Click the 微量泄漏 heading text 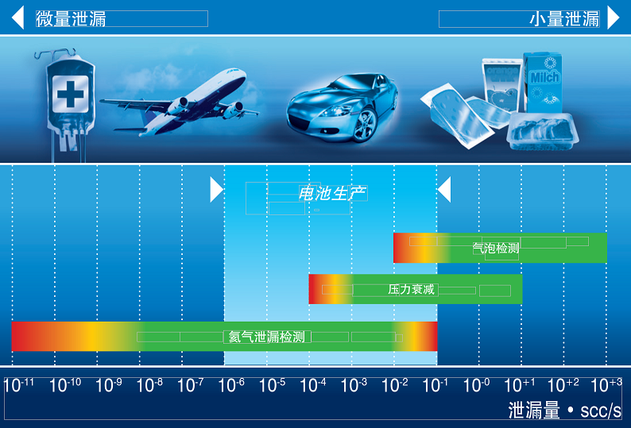[x=71, y=19]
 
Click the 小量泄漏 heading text [x=564, y=19]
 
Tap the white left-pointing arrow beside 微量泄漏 [x=17, y=17]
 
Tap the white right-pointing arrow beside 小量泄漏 [x=614, y=17]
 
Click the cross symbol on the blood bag [x=71, y=94]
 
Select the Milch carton [x=543, y=83]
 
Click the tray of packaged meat [x=544, y=131]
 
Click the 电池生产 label [x=332, y=194]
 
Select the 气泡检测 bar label [x=496, y=249]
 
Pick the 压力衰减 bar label [x=412, y=289]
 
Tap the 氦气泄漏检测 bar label [x=267, y=337]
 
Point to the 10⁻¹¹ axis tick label [x=18, y=385]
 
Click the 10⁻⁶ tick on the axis [x=231, y=385]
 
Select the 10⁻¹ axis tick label [x=435, y=385]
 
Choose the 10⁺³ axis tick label [x=606, y=385]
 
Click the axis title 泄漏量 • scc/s [x=564, y=411]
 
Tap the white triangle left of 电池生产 [x=216, y=190]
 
